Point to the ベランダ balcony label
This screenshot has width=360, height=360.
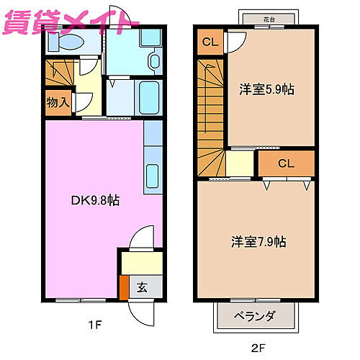pyautogui.click(x=256, y=315)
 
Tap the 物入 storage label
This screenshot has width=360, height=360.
pyautogui.click(x=58, y=102)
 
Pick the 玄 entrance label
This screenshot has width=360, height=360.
pyautogui.click(x=142, y=287)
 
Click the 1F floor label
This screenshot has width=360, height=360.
pyautogui.click(x=94, y=325)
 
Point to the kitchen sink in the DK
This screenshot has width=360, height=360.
pyautogui.click(x=153, y=175)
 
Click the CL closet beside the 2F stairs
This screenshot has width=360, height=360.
pyautogui.click(x=209, y=41)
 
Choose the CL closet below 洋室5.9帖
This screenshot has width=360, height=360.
pyautogui.click(x=285, y=163)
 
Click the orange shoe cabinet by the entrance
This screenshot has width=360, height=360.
pyautogui.click(x=125, y=288)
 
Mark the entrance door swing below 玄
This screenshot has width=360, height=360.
pyautogui.click(x=141, y=310)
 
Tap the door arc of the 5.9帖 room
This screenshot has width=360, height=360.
pyautogui.click(x=235, y=41)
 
